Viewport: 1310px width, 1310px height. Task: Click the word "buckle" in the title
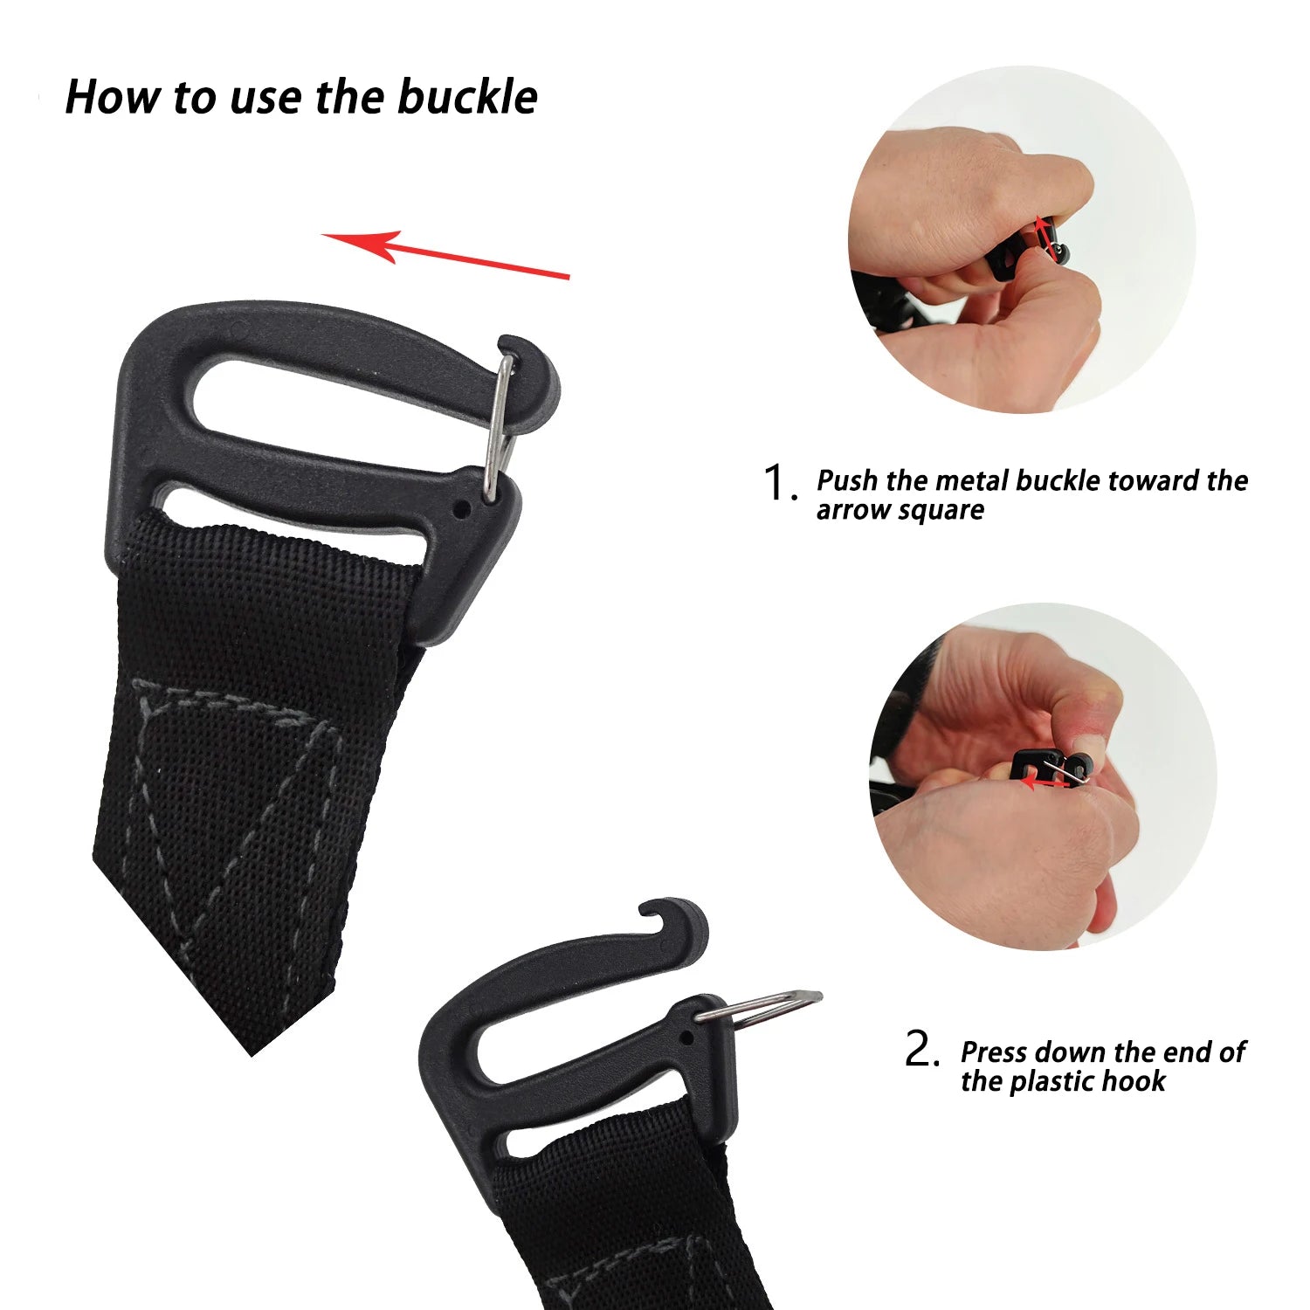click(467, 96)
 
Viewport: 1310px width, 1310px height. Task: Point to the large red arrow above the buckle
click(445, 255)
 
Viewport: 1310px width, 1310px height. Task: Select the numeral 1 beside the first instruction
click(776, 482)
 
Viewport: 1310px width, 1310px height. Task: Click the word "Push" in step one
click(848, 480)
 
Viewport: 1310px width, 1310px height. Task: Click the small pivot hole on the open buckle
click(687, 1039)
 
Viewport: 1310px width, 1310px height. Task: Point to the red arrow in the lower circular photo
click(1045, 783)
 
